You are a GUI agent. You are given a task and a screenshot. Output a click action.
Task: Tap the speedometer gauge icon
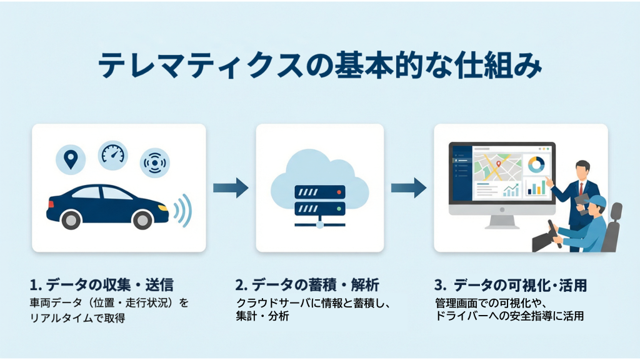(x=112, y=154)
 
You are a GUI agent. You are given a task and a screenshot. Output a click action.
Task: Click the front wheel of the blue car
(x=142, y=219)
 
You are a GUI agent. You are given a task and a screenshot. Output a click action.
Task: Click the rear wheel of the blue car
(x=71, y=219)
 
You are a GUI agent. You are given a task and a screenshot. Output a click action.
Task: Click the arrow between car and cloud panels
(x=230, y=187)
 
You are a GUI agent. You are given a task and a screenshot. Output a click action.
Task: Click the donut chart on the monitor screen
(x=536, y=164)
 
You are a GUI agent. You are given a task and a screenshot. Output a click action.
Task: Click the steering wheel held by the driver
(x=553, y=232)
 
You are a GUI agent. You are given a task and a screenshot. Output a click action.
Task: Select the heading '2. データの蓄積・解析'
(x=306, y=286)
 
